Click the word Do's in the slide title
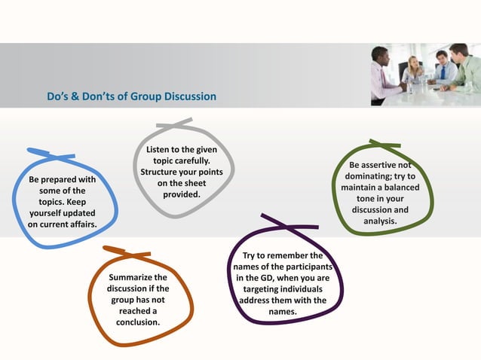pyautogui.click(x=58, y=97)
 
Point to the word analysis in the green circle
pyautogui.click(x=380, y=221)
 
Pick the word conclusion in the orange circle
pyautogui.click(x=137, y=322)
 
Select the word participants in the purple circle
pyautogui.click(x=308, y=267)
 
